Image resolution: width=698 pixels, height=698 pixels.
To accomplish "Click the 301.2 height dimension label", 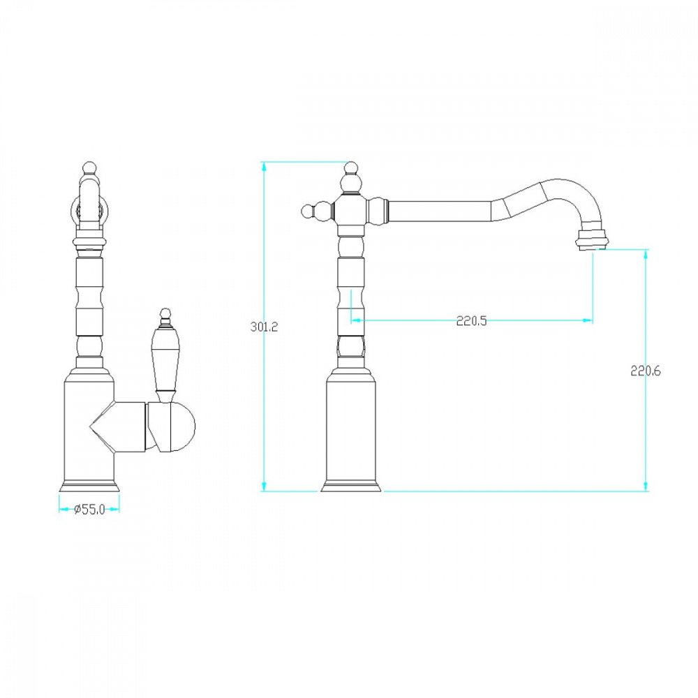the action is [x=264, y=327].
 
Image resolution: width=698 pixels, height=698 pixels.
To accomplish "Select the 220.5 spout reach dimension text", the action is [x=471, y=320].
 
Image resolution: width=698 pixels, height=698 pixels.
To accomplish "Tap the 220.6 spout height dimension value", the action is [x=646, y=371].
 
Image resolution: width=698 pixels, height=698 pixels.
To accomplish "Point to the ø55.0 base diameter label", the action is [x=89, y=510].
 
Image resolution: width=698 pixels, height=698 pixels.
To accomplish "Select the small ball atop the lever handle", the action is [x=165, y=313].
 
